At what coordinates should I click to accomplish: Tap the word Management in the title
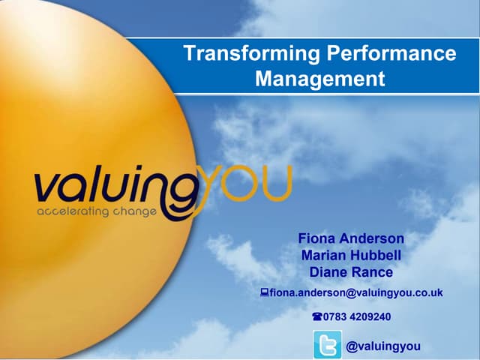point(320,78)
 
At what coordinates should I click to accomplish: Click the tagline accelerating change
point(97,211)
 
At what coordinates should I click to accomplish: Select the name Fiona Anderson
point(351,238)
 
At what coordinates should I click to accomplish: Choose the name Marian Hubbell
point(351,255)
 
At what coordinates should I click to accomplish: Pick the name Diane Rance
point(351,271)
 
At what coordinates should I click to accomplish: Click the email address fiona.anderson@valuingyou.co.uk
point(356,292)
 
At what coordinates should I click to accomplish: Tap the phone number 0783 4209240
point(356,316)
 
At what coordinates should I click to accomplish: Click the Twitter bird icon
point(327,345)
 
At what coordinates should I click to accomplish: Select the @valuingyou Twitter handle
point(383,346)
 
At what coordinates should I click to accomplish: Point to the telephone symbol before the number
point(317,316)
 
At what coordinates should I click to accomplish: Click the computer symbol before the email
point(265,292)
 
